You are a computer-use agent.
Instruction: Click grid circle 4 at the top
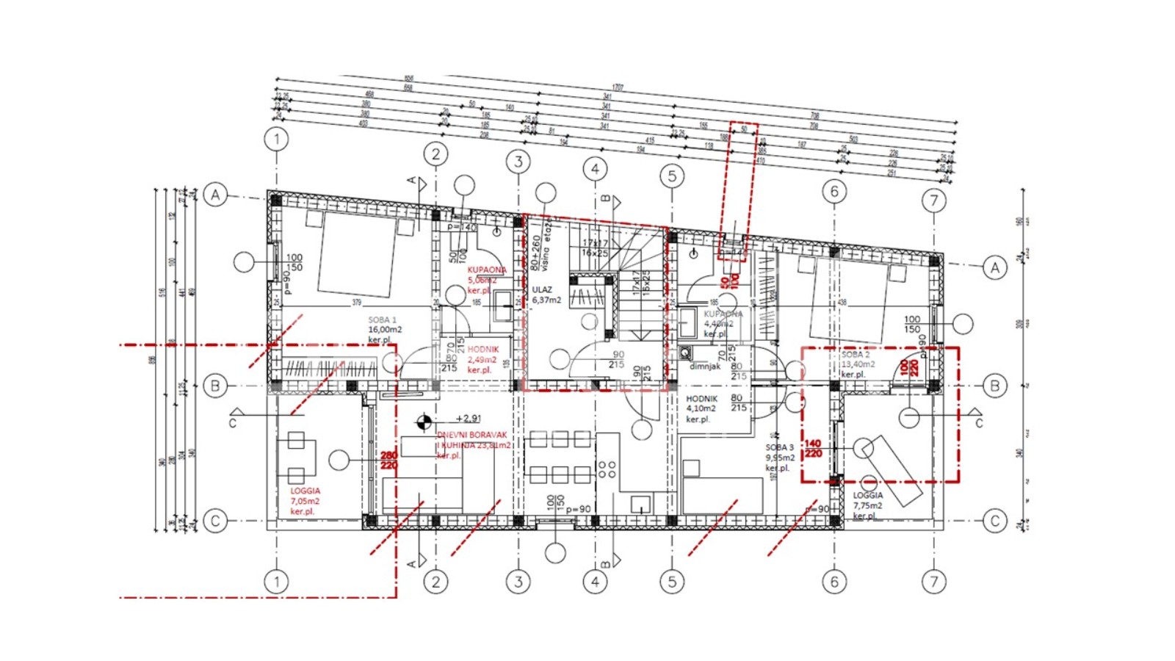pyautogui.click(x=595, y=169)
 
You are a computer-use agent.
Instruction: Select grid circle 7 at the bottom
pyautogui.click(x=933, y=582)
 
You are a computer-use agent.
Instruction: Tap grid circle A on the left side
pyautogui.click(x=215, y=195)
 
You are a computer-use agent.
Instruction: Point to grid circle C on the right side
pyautogui.click(x=995, y=521)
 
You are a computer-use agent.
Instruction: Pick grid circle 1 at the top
pyautogui.click(x=277, y=139)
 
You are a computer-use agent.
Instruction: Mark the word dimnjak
pyautogui.click(x=705, y=366)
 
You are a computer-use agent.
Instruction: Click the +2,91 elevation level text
pyautogui.click(x=469, y=419)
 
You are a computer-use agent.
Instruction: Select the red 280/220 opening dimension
pyautogui.click(x=388, y=460)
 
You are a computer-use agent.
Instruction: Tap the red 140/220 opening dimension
pyautogui.click(x=813, y=449)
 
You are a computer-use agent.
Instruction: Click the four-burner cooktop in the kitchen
pyautogui.click(x=607, y=469)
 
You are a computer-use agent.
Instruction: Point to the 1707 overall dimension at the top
pyautogui.click(x=618, y=87)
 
